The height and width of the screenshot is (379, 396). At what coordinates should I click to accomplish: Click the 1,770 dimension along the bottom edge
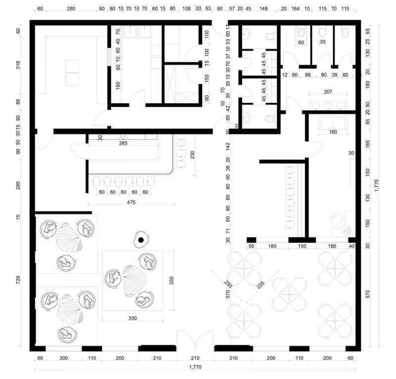pos(195,367)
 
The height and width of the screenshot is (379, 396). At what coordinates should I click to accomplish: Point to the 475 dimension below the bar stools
pos(131,202)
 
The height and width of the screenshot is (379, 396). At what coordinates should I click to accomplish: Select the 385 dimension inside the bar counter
pos(123,143)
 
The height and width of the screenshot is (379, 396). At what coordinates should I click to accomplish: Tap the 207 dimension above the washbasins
pos(328,92)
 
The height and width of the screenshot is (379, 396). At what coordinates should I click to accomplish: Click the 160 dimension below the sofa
pos(333,132)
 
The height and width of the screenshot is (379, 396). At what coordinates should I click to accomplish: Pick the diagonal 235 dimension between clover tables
pos(261,284)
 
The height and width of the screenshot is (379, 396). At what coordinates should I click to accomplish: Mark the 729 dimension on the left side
pos(18,280)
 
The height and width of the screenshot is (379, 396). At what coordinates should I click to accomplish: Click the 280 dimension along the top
pos(71,8)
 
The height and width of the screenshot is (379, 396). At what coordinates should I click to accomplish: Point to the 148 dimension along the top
pos(263,8)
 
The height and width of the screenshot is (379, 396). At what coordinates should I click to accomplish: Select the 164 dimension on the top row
pos(295,8)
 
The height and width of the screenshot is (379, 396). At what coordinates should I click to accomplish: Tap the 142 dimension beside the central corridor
pos(228,146)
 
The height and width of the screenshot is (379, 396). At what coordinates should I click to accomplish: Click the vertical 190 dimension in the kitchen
pos(118,85)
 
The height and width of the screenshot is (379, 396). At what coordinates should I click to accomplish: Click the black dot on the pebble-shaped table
pos(141,240)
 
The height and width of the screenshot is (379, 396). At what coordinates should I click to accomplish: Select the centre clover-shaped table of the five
pos(290,294)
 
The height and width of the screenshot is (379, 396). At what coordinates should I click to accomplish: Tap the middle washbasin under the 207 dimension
pos(328,106)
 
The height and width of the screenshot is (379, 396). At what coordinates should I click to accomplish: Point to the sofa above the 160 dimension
pos(333,121)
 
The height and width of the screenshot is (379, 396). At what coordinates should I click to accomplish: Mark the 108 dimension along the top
pos(187,8)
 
